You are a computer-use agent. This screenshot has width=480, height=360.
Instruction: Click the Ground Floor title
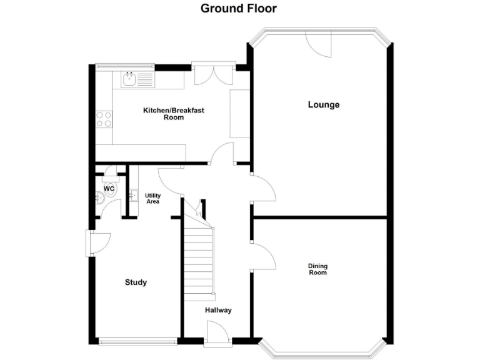tap(238, 8)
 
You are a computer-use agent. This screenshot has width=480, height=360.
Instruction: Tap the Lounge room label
tap(323, 104)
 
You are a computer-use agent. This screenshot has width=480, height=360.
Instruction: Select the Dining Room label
tap(317, 269)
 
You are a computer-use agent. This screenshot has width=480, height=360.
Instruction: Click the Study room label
tap(136, 282)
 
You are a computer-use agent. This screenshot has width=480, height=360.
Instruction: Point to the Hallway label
tap(218, 310)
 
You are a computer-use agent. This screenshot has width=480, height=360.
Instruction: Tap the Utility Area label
tap(152, 199)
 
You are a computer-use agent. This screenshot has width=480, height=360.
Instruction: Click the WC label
tap(109, 188)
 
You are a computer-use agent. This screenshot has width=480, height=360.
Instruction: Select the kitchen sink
tap(130, 79)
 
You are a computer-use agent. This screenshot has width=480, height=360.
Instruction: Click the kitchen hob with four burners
tap(104, 119)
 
